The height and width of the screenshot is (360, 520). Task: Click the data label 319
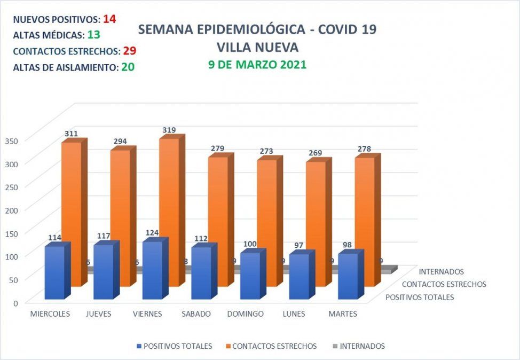pyautogui.click(x=169, y=130)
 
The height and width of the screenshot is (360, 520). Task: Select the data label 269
pyautogui.click(x=316, y=153)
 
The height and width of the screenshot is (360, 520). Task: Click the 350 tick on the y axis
pyautogui.click(x=12, y=140)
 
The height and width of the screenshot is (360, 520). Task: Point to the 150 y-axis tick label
pyautogui.click(x=12, y=233)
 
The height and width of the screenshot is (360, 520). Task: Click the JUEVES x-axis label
pyautogui.click(x=99, y=314)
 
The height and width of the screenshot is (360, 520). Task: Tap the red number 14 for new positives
pyautogui.click(x=109, y=19)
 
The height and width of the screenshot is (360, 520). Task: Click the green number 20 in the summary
pyautogui.click(x=127, y=67)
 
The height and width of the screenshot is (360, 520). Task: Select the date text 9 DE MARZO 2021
pyautogui.click(x=257, y=65)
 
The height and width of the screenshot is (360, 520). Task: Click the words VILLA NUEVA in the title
pyautogui.click(x=257, y=48)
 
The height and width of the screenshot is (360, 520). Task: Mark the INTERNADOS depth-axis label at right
pyautogui.click(x=441, y=272)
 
